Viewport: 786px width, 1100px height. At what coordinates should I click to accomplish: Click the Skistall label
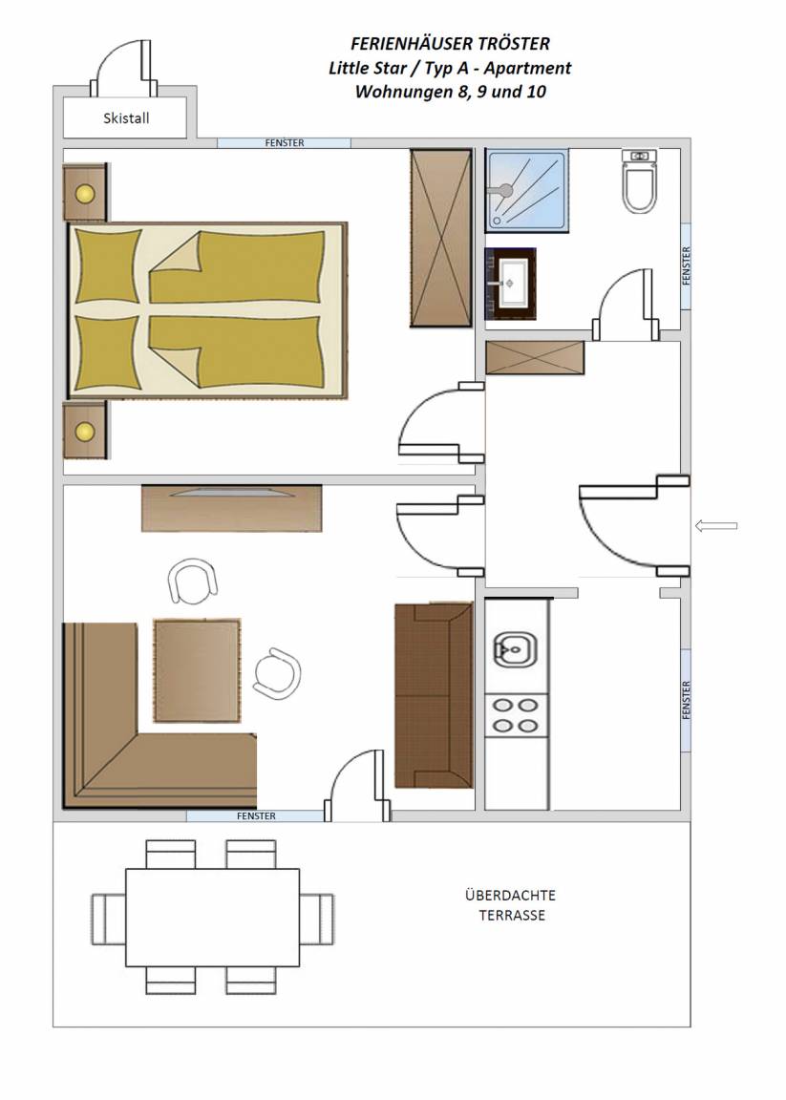[x=126, y=117]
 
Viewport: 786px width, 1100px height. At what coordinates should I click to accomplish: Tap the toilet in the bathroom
[x=639, y=180]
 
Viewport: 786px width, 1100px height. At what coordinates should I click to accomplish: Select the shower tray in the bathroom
[x=527, y=190]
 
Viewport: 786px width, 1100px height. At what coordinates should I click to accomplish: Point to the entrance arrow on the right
[x=716, y=525]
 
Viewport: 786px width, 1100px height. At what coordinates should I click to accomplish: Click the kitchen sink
[x=515, y=650]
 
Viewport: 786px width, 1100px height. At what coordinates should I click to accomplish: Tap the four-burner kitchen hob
[x=516, y=715]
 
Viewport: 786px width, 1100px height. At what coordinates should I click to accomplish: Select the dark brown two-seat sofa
[x=434, y=694]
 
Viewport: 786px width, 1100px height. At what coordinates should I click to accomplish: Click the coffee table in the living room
[x=197, y=670]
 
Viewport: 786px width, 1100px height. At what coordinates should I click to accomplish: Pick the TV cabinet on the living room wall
[x=231, y=507]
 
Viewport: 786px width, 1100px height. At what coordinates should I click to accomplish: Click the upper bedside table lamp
[x=85, y=194]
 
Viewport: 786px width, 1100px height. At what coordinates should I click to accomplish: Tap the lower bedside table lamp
[x=85, y=431]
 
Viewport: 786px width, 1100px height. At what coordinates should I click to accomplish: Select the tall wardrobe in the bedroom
[x=440, y=238]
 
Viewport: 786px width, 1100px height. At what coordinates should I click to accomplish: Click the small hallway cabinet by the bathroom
[x=535, y=358]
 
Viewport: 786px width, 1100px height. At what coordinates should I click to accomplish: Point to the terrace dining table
[x=213, y=918]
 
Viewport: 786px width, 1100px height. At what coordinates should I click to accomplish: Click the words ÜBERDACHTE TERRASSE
[x=511, y=905]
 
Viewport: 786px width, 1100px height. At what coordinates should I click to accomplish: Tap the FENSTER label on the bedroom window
[x=285, y=143]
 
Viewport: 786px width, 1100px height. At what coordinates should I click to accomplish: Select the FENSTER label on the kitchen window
[x=687, y=699]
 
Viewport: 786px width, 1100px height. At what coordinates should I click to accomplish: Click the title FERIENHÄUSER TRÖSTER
[x=450, y=44]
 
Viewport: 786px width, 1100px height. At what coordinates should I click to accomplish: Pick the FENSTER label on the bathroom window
[x=687, y=265]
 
